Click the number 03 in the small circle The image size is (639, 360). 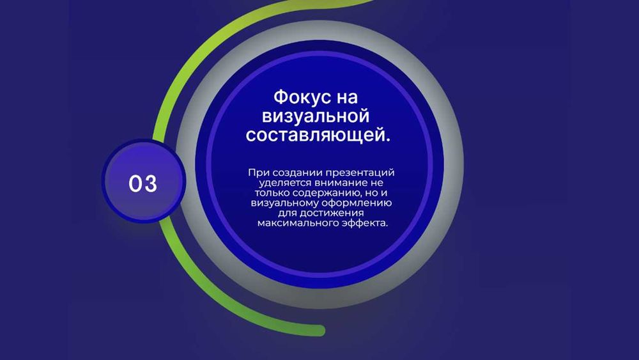pyautogui.click(x=142, y=184)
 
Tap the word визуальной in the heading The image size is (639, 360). pyautogui.click(x=316, y=116)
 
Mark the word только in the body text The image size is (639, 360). pyautogui.click(x=272, y=193)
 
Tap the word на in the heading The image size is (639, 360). pyautogui.click(x=347, y=98)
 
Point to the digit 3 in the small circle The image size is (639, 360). pyautogui.click(x=150, y=184)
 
